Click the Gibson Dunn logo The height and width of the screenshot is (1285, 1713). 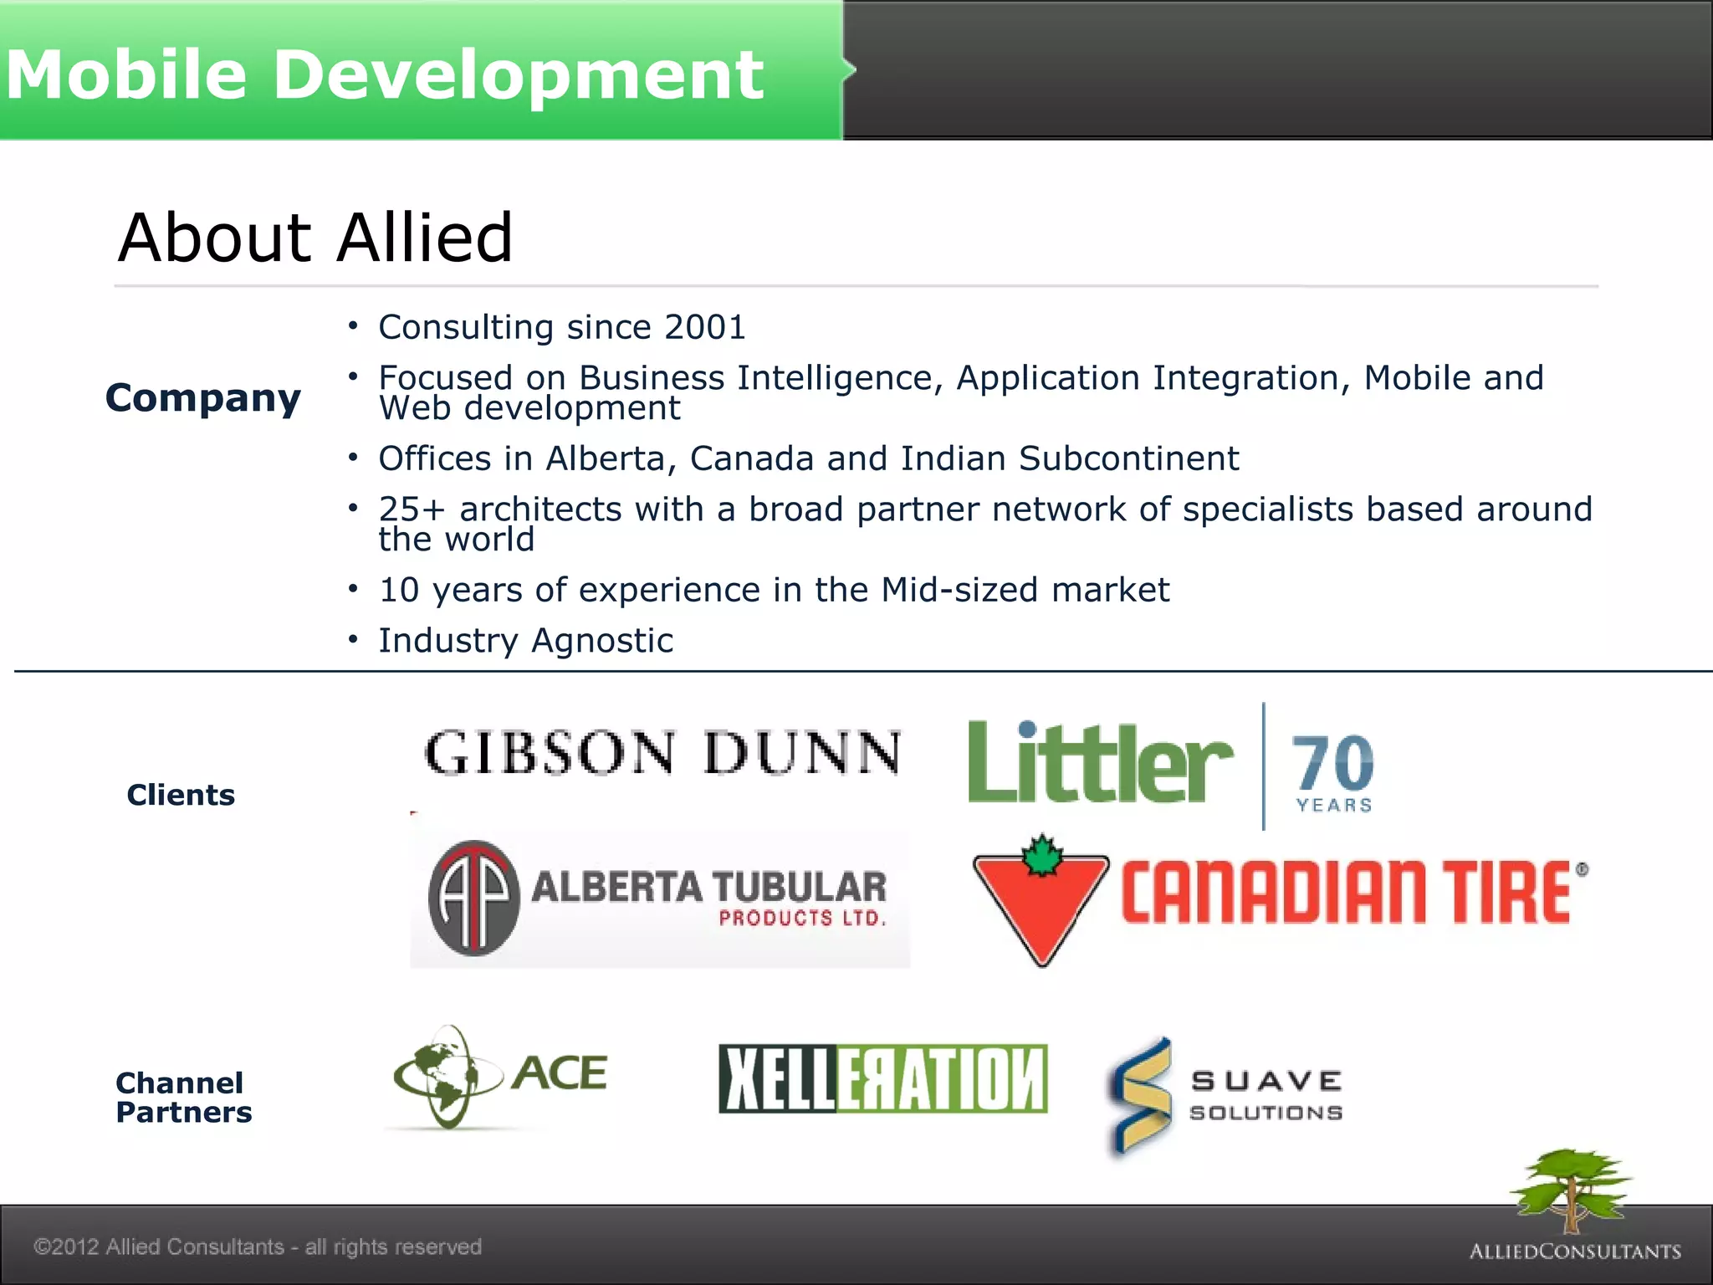[662, 753]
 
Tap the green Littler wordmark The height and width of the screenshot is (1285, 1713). [1099, 763]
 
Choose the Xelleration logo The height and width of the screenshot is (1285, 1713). [882, 1079]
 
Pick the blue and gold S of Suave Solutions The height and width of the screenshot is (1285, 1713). [1140, 1096]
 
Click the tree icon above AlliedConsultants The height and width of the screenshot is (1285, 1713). [1571, 1188]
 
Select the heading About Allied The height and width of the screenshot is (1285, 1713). [314, 238]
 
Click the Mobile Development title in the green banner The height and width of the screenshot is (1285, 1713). [385, 74]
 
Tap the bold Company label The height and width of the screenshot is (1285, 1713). [203, 398]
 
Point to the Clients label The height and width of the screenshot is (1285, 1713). [181, 795]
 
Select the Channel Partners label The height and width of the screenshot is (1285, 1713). [183, 1098]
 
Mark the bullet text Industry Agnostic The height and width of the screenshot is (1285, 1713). [525, 641]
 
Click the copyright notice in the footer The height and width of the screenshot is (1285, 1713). [258, 1247]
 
